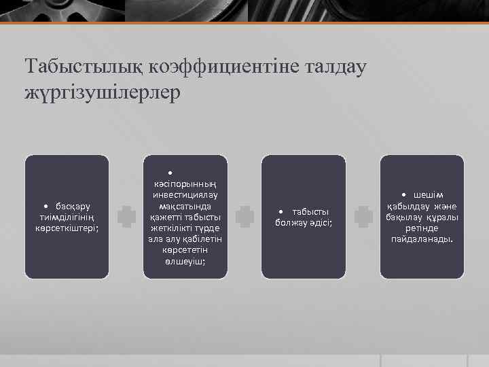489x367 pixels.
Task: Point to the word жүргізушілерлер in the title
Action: [103, 92]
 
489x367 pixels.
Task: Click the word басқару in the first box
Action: [74, 206]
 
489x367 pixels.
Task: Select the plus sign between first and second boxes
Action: [126, 217]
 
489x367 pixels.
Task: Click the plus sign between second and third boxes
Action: [244, 217]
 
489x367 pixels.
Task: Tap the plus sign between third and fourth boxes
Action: [363, 217]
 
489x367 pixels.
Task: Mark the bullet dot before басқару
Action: [45, 206]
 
